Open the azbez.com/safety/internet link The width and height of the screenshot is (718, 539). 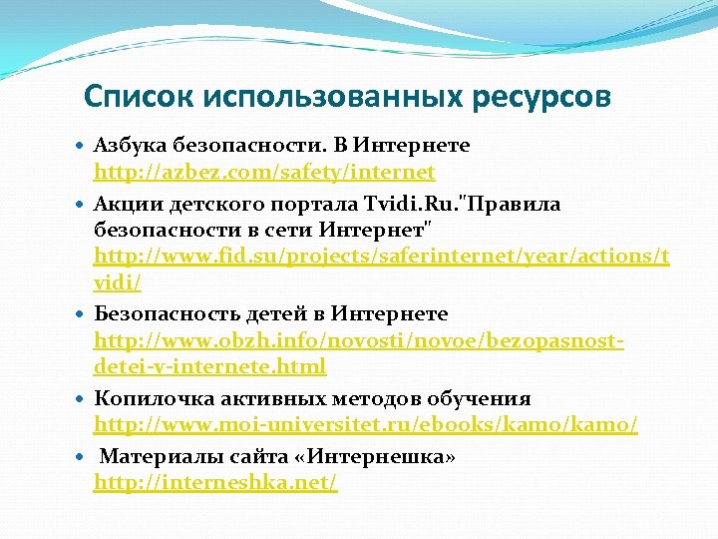coord(264,173)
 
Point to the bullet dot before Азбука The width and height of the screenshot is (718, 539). coord(82,147)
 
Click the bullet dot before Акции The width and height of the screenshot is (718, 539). coord(82,205)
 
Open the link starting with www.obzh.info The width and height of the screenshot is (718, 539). coord(359,340)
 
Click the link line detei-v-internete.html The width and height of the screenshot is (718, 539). coord(209,366)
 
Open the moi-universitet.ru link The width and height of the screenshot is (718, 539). coord(365,424)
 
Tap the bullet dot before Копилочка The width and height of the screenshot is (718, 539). coord(82,399)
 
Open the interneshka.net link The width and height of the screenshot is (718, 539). coord(215,483)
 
